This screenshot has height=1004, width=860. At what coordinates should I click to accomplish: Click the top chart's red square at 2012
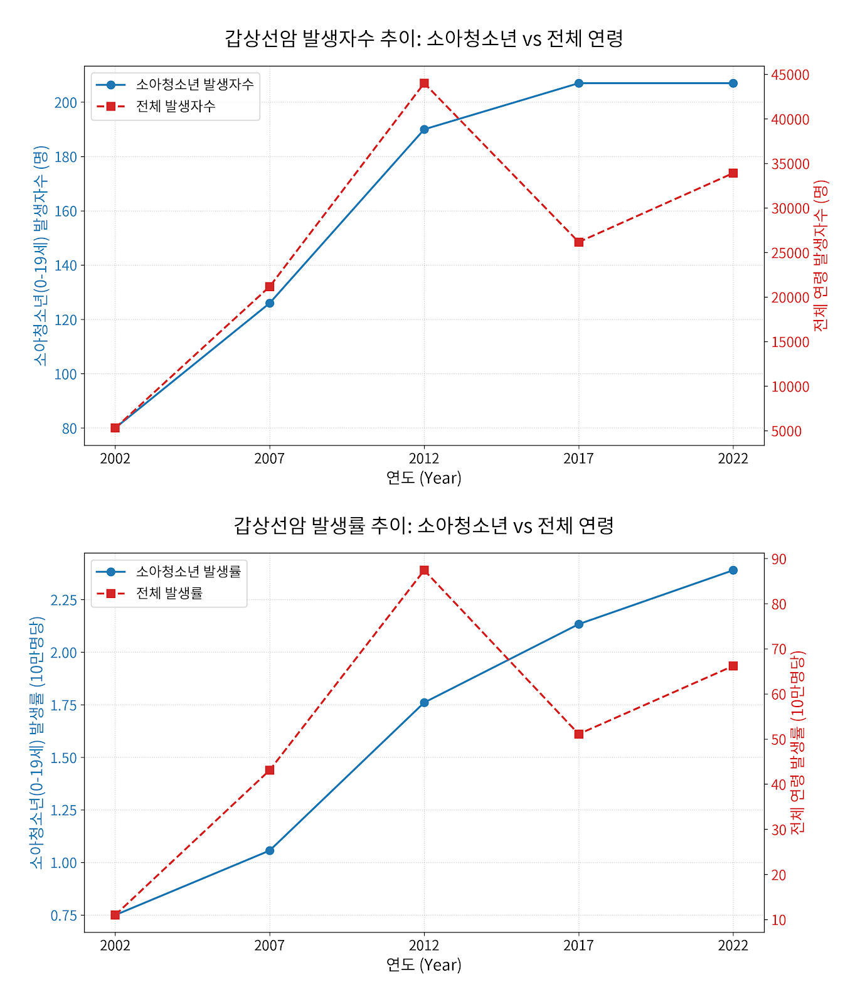pyautogui.click(x=424, y=83)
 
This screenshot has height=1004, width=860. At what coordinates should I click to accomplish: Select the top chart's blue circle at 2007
pyautogui.click(x=270, y=303)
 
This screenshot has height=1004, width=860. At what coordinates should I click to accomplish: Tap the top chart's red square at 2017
pyautogui.click(x=579, y=242)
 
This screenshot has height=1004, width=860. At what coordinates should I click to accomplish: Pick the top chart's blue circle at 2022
pyautogui.click(x=733, y=83)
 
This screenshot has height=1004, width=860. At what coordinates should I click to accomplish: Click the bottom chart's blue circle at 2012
pyautogui.click(x=424, y=703)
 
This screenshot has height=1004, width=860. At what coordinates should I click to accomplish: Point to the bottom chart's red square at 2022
pyautogui.click(x=733, y=666)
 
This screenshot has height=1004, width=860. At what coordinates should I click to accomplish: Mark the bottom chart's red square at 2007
pyautogui.click(x=270, y=770)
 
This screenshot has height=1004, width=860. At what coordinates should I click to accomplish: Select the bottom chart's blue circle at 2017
pyautogui.click(x=579, y=624)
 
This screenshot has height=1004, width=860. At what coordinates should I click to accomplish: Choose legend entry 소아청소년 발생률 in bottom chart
pyautogui.click(x=188, y=572)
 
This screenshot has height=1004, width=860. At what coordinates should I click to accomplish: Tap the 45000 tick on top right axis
pyautogui.click(x=790, y=75)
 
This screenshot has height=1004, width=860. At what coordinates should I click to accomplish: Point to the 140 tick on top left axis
pyautogui.click(x=66, y=265)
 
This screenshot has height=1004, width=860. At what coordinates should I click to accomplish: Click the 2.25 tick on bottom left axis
pyautogui.click(x=63, y=601)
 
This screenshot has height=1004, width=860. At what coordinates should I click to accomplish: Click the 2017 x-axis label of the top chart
pyautogui.click(x=578, y=459)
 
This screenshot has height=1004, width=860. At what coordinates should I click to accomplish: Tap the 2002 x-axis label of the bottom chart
pyautogui.click(x=115, y=946)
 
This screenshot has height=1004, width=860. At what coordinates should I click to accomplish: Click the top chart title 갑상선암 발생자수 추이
pyautogui.click(x=424, y=38)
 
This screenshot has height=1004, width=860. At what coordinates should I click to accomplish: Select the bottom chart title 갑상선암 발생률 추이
pyautogui.click(x=424, y=525)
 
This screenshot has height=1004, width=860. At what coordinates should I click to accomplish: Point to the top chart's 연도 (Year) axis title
pyautogui.click(x=424, y=478)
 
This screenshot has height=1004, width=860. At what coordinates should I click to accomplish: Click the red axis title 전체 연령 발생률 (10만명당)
pyautogui.click(x=797, y=742)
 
